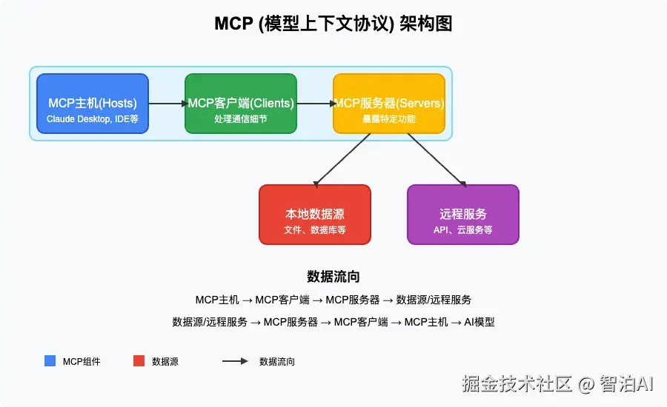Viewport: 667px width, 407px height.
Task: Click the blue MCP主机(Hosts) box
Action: [92, 104]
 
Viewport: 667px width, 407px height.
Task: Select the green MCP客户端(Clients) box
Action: [240, 104]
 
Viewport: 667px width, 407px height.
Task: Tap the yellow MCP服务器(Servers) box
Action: [388, 104]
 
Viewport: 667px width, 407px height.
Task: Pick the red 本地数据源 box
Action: [314, 214]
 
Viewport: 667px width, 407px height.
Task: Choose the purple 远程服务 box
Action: [462, 214]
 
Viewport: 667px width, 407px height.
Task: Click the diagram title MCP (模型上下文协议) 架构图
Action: [333, 24]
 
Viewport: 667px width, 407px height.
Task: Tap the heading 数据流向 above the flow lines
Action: [333, 277]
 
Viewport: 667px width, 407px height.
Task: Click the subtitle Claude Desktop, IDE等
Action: [92, 118]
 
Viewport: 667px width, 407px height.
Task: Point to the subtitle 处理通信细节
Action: [240, 118]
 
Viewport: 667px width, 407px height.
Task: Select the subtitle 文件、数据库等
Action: [314, 230]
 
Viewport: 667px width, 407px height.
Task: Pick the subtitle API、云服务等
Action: [462, 230]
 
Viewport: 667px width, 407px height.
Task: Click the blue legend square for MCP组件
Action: [50, 361]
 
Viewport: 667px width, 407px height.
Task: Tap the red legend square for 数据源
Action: [139, 361]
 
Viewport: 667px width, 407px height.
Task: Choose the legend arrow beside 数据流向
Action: [235, 361]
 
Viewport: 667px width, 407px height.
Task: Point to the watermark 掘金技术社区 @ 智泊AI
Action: [557, 383]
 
